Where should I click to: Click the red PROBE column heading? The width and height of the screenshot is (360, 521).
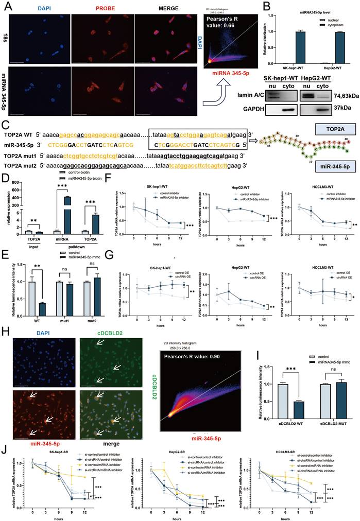(x=101, y=9)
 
